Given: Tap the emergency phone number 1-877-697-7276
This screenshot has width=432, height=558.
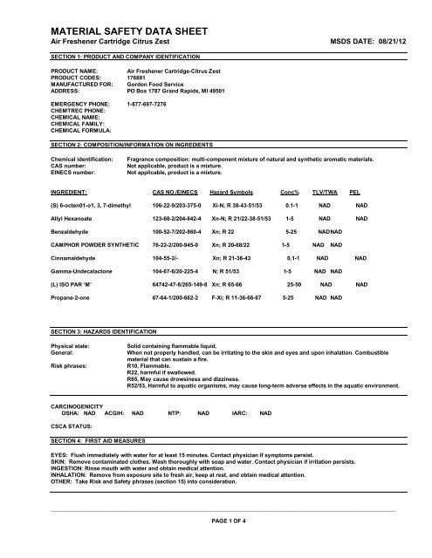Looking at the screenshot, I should click(155, 105).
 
